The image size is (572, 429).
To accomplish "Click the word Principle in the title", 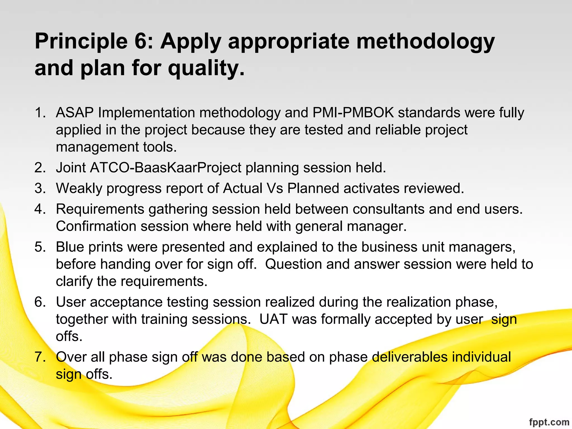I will pos(81,41).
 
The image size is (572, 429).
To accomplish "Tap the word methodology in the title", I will pos(425,41).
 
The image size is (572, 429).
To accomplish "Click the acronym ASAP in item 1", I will pos(75,113).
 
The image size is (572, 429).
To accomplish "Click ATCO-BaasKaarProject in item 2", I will pos(166,168).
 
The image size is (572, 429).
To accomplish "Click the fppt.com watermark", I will pos(549,422).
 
